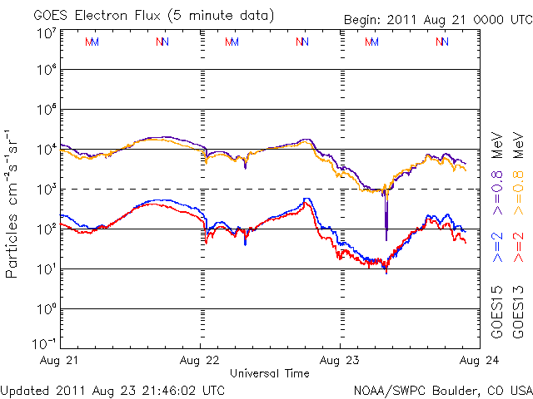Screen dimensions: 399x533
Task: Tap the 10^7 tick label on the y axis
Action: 46,32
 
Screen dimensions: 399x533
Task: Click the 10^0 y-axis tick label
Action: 46,309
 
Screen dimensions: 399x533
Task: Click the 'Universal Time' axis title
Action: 270,374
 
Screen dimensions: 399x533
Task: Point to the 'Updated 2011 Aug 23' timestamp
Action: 112,389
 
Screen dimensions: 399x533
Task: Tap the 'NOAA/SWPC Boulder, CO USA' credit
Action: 443,389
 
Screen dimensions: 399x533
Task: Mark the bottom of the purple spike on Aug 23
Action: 386,239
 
